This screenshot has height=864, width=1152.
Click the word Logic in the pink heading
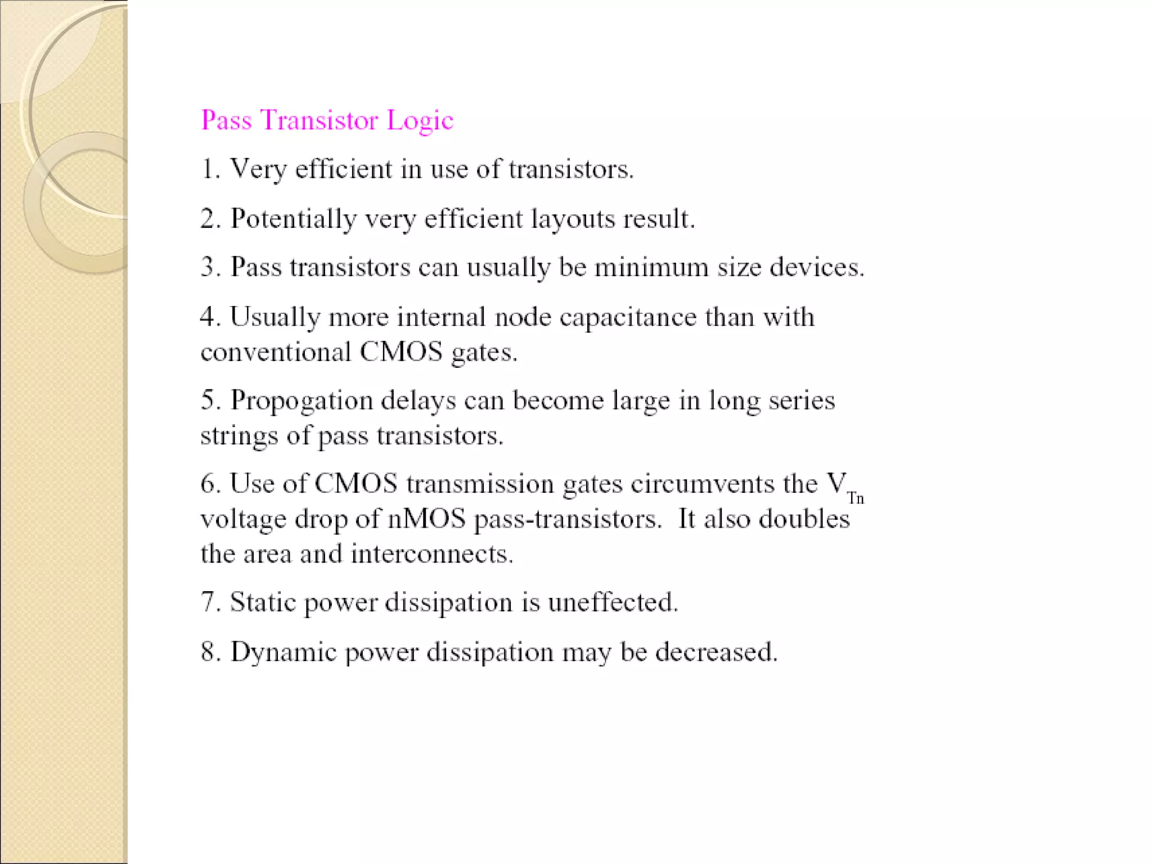[420, 120]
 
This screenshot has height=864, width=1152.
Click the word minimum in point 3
[651, 267]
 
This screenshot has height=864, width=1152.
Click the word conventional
[276, 352]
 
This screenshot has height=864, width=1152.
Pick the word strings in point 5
[239, 436]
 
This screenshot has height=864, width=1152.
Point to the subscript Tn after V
[856, 498]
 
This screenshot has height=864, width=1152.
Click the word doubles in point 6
[804, 519]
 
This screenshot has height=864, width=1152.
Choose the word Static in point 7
[263, 602]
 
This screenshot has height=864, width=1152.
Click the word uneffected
[613, 602]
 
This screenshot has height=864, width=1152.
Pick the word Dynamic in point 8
[283, 652]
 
